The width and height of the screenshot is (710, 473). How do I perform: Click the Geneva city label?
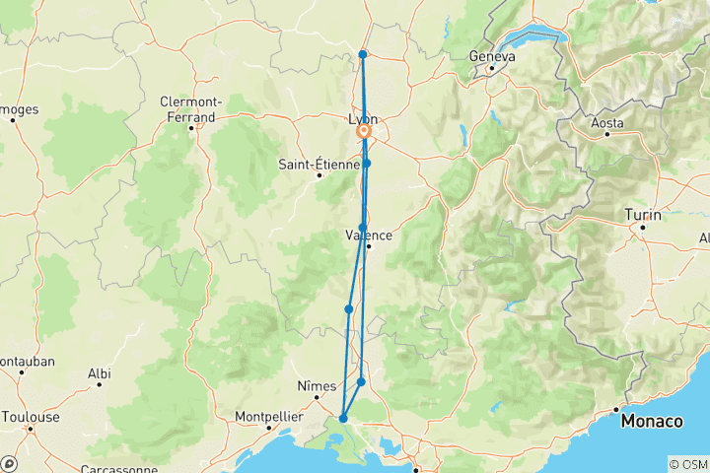tap(493, 56)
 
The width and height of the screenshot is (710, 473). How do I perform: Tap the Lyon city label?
tap(363, 119)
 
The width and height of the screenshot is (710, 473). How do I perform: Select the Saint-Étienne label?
tap(317, 165)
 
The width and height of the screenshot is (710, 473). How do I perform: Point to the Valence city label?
tap(369, 235)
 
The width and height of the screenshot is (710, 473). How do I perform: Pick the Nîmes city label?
tap(317, 386)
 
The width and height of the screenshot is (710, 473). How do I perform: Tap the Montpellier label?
tap(268, 417)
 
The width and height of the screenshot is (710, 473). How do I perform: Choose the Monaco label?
tap(652, 421)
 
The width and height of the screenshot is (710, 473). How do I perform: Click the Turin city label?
tap(642, 214)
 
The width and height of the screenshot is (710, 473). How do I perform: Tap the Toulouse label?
tap(30, 417)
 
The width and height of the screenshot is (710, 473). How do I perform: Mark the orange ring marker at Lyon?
tap(364, 131)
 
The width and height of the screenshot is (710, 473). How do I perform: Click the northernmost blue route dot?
tap(363, 54)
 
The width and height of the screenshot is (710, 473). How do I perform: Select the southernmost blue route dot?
tap(343, 419)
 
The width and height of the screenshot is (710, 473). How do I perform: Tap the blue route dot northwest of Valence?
tap(363, 228)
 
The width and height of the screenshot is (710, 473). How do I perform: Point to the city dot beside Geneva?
tap(490, 68)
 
